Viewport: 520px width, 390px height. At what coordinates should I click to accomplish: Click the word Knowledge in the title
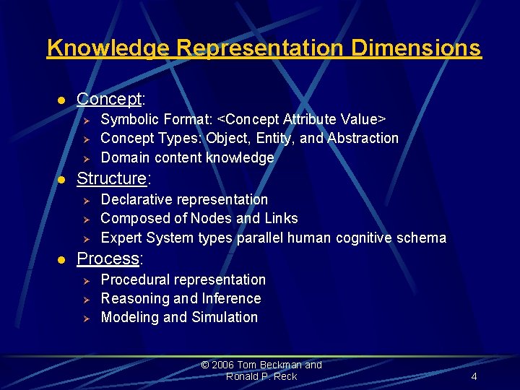tap(108, 48)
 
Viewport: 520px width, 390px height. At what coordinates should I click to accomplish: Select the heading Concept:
tap(111, 98)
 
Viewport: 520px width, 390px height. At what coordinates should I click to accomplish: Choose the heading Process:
tap(110, 259)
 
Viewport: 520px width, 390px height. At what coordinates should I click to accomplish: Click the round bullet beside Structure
tap(62, 179)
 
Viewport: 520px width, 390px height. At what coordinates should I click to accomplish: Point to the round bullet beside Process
tap(62, 259)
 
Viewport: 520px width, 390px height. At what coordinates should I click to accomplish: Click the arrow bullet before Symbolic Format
tap(84, 119)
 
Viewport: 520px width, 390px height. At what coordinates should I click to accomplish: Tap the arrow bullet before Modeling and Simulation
tap(84, 318)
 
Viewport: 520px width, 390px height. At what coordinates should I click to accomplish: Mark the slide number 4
tap(474, 376)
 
